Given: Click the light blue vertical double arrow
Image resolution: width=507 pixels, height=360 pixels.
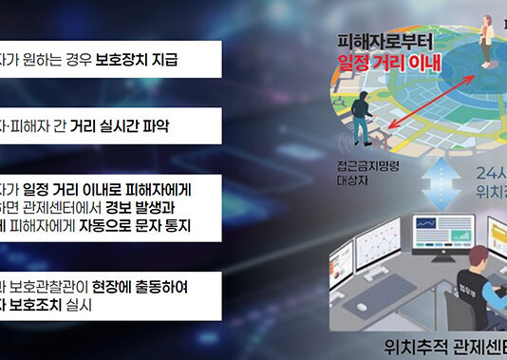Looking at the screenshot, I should [x=430, y=182].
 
